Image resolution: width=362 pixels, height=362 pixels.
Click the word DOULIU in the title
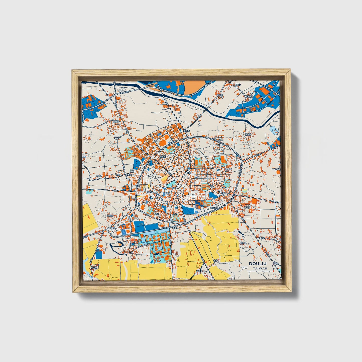[x=258, y=264]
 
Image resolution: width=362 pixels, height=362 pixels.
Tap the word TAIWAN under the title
[x=260, y=268]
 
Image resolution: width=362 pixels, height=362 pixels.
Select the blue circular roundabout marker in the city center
[x=189, y=169]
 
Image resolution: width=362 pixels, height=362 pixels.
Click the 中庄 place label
[x=118, y=175]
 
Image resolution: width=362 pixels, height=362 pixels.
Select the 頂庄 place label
[x=132, y=172]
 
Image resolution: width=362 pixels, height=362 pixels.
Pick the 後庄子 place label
[x=110, y=215]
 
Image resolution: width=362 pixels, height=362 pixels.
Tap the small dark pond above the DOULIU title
[x=241, y=234]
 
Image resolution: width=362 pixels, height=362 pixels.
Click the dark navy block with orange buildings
[x=199, y=204]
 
